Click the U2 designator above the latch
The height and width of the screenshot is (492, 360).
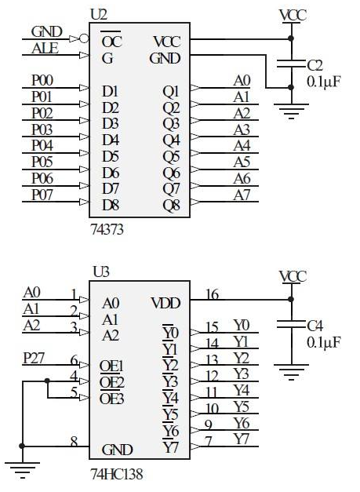point(99,15)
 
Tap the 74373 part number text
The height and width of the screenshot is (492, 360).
point(107,229)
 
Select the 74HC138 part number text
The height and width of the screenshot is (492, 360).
point(117,474)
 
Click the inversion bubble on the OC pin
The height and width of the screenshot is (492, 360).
point(84,39)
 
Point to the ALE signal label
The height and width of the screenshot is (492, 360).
point(45,49)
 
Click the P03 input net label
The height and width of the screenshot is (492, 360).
point(42,129)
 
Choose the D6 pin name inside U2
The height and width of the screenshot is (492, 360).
point(111,173)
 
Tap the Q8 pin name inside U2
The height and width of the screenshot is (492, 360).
point(171,206)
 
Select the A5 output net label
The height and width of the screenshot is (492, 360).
point(242,162)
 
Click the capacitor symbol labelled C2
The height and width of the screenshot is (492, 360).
point(291,64)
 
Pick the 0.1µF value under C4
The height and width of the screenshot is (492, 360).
point(324,342)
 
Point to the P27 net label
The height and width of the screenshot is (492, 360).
point(34,358)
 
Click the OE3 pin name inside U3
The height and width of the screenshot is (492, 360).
point(111,399)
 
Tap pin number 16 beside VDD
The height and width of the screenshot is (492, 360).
point(212,294)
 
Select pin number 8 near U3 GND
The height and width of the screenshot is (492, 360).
point(74,442)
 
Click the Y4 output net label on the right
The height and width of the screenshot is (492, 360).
point(242,391)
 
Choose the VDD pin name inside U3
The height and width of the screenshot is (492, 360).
point(165,303)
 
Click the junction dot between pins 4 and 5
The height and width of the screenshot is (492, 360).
point(47,381)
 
